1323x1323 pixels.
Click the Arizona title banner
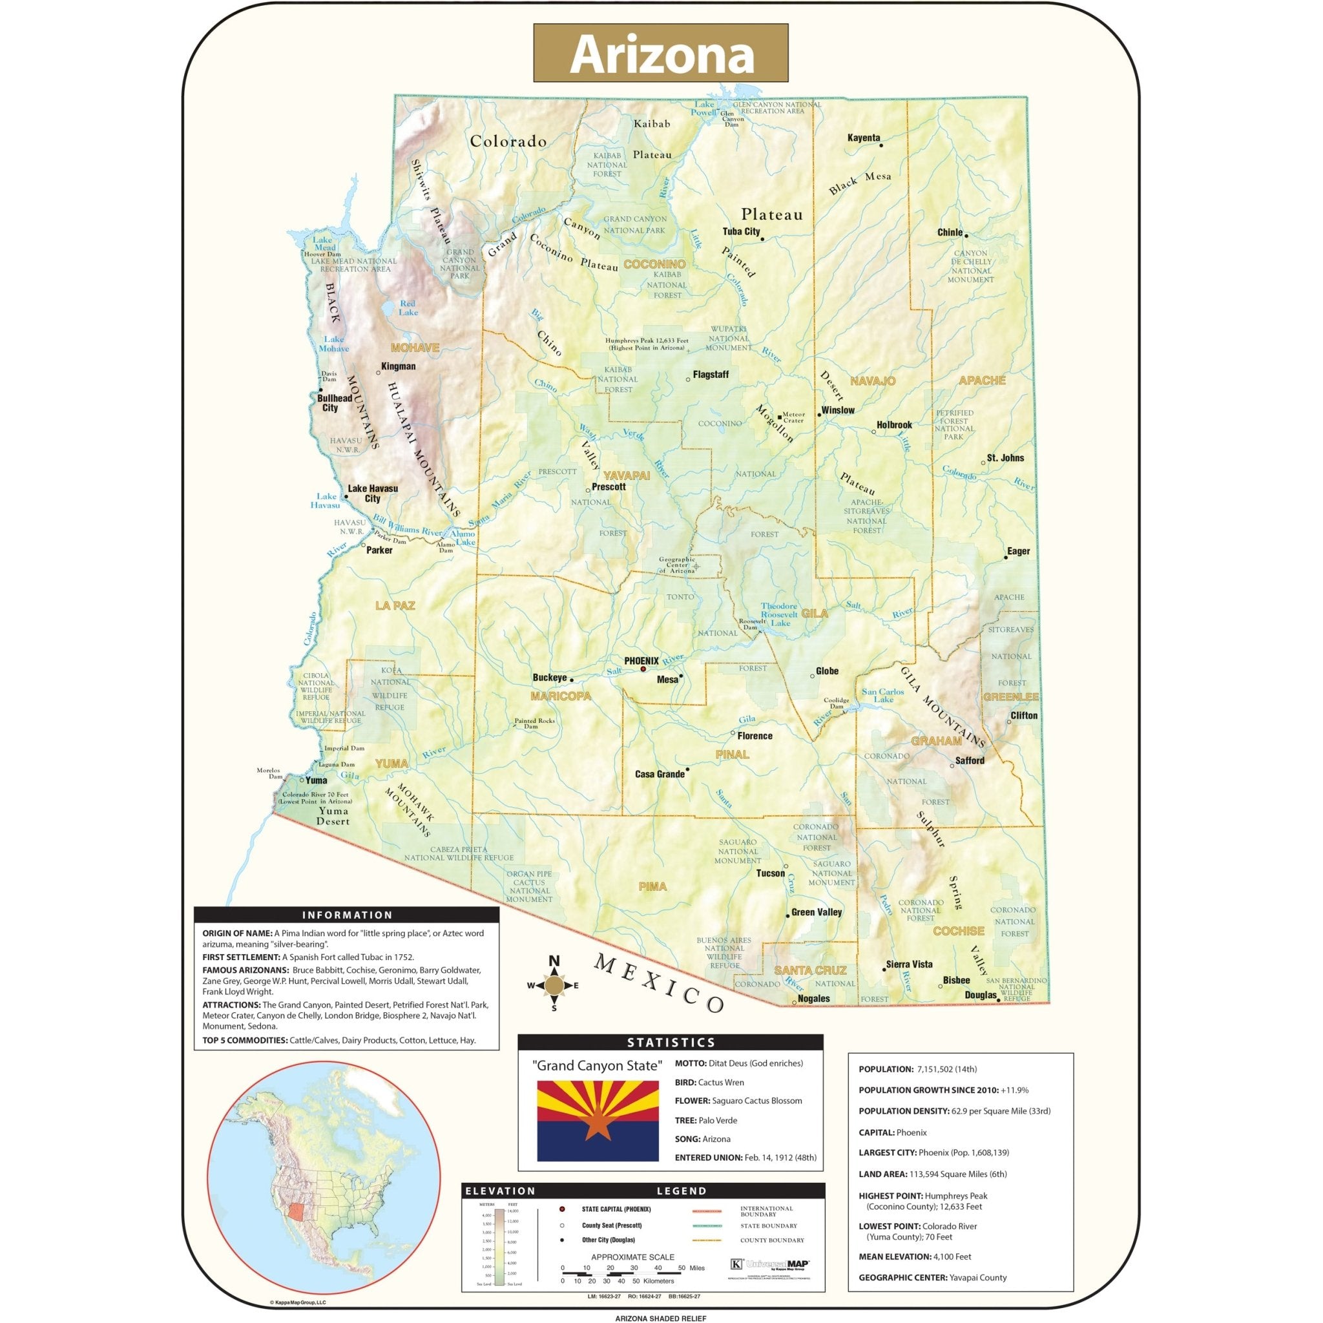pyautogui.click(x=661, y=53)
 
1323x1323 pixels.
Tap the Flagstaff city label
pyautogui.click(x=711, y=375)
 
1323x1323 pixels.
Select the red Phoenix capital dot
pyautogui.click(x=643, y=669)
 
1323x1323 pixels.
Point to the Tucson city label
pyautogui.click(x=771, y=873)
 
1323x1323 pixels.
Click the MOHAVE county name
pyautogui.click(x=415, y=348)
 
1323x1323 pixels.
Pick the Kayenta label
pyautogui.click(x=864, y=138)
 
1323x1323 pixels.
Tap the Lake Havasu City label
pyautogui.click(x=373, y=493)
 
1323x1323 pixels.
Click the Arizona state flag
pyautogui.click(x=592, y=1121)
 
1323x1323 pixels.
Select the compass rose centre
pyautogui.click(x=554, y=985)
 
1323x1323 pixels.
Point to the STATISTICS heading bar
pyautogui.click(x=671, y=1042)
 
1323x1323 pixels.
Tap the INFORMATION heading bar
pyautogui.click(x=346, y=915)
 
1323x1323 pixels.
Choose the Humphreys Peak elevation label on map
pyautogui.click(x=647, y=344)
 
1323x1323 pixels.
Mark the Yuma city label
pyautogui.click(x=317, y=780)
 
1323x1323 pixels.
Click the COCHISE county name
pyautogui.click(x=959, y=932)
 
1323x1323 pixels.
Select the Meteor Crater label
pyautogui.click(x=794, y=417)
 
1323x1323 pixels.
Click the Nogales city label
pyautogui.click(x=814, y=999)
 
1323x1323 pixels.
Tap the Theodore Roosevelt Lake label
pyautogui.click(x=779, y=614)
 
